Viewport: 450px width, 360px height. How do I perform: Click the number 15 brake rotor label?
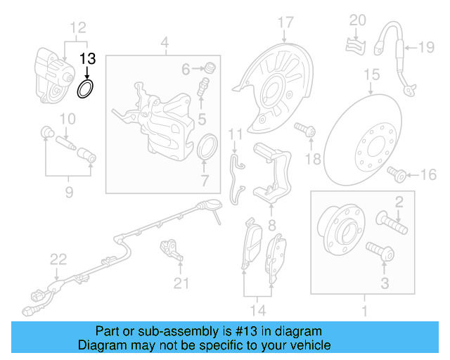(x=371, y=73)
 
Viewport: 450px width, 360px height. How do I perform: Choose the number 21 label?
(x=182, y=283)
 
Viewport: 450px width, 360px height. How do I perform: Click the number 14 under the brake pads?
(x=257, y=309)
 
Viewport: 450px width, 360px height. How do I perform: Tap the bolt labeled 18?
(x=306, y=130)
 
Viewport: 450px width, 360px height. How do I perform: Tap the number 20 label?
(x=358, y=19)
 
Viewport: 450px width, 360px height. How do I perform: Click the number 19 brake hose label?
(x=427, y=48)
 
